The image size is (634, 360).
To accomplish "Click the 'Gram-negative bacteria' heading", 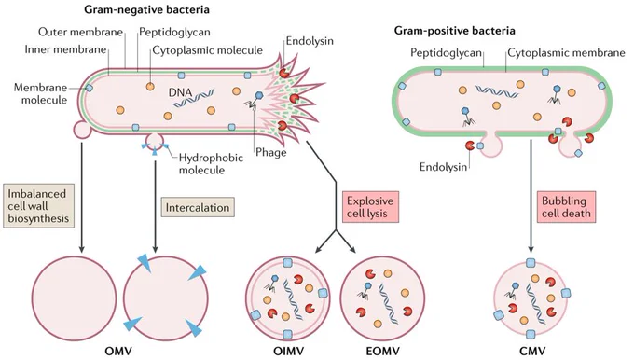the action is coord(146,9).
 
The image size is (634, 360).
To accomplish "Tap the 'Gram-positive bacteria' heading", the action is coord(455,31).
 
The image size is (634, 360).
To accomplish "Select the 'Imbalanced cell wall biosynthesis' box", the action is coord(39,206).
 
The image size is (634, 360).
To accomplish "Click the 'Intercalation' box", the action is coord(198,207).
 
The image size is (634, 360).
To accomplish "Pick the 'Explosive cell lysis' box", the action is coord(370,207).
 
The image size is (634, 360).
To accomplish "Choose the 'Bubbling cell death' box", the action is coord(567,207).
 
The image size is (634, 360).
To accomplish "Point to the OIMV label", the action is coord(288,351).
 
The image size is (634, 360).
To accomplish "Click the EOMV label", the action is coord(382,351).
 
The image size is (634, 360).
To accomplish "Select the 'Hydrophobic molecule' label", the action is coord(211,163).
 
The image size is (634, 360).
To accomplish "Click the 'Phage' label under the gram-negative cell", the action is coord(271,153).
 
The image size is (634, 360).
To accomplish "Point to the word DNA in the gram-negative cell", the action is coord(180,92).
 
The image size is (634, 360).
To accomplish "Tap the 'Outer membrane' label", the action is coord(81,32).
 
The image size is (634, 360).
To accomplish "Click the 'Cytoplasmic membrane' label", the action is coord(567,52).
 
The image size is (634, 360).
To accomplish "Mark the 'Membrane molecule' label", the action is coord(40,93).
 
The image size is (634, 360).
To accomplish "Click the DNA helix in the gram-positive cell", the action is coord(497,91).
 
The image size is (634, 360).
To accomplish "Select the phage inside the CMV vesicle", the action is coord(512,290).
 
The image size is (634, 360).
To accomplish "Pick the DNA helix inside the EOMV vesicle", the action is coord(387,303).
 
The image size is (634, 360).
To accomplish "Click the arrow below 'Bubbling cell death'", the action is coord(531,196).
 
